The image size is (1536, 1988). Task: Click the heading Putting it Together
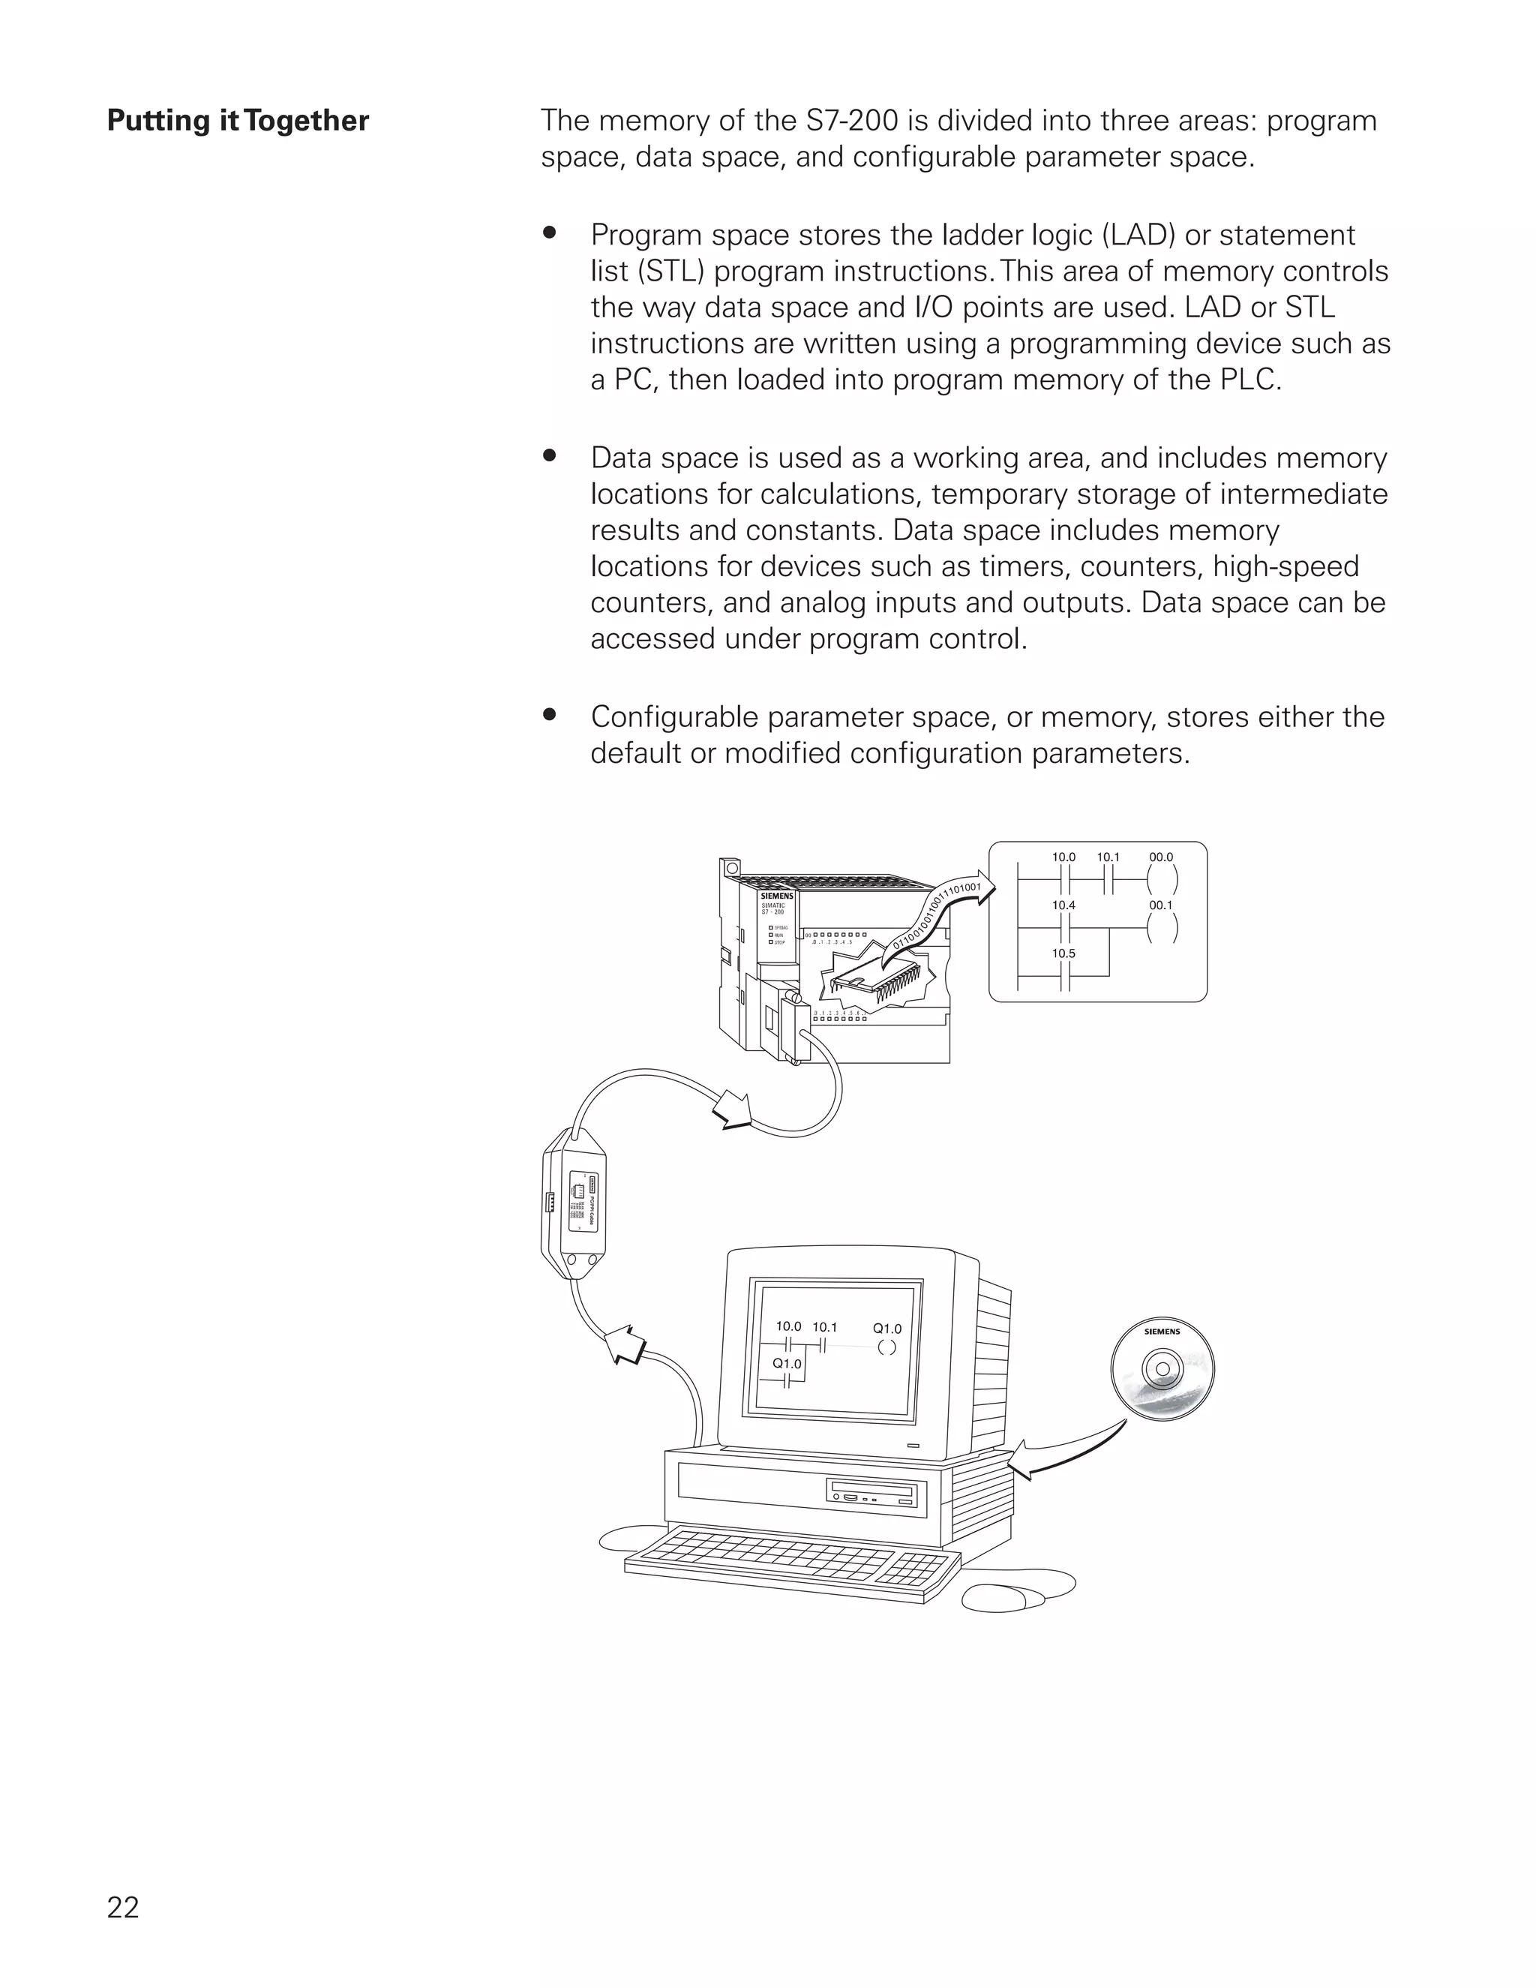coord(238,121)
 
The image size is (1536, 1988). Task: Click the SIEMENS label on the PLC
coord(776,896)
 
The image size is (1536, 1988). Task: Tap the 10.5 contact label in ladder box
coord(1063,953)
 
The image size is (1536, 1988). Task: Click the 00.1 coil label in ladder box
coord(1160,905)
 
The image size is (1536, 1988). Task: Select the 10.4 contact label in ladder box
coord(1063,905)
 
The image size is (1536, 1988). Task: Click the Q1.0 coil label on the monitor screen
coord(886,1329)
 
